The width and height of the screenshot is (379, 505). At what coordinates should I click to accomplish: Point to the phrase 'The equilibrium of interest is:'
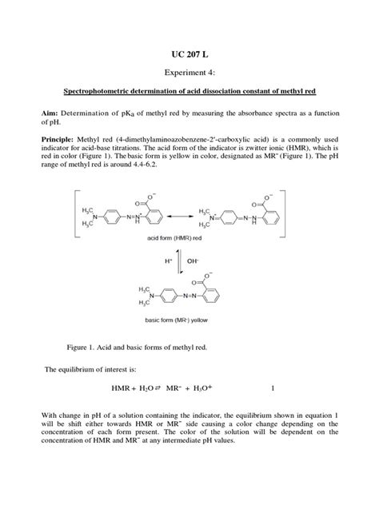[90, 370]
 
